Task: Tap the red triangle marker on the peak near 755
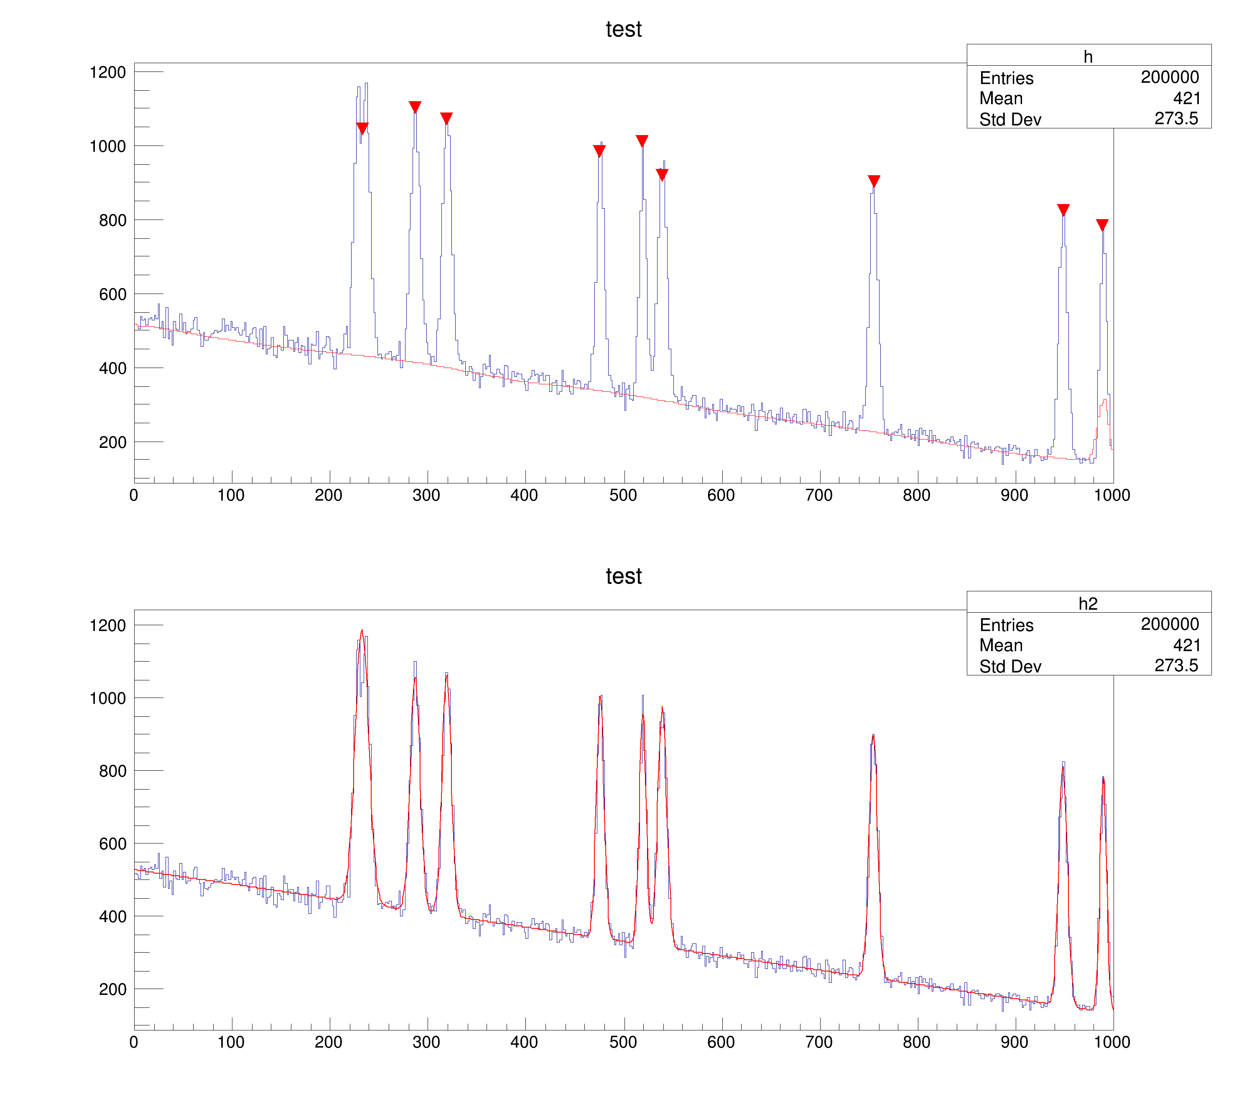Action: [x=874, y=181]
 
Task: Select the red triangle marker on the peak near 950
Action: [x=1063, y=210]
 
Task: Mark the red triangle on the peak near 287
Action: [x=415, y=107]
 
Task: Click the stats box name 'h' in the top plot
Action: [x=1088, y=57]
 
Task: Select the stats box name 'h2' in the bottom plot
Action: [x=1088, y=604]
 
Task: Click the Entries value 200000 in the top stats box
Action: [x=1170, y=77]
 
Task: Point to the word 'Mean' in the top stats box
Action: [x=1001, y=98]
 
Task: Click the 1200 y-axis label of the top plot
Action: [x=107, y=72]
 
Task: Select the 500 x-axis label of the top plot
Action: [x=623, y=495]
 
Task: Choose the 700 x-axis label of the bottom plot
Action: [x=819, y=1042]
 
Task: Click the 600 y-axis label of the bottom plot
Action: [x=112, y=844]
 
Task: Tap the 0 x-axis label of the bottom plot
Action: [x=134, y=1042]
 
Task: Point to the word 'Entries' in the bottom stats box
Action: [x=1006, y=625]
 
